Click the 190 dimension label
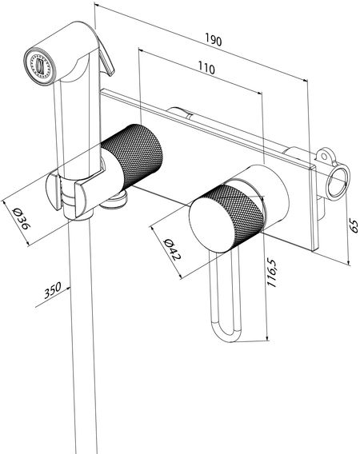(214, 39)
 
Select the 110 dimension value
(206, 68)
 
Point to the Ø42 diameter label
(172, 249)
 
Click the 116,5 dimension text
(271, 273)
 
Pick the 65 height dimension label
(354, 226)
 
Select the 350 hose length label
(53, 290)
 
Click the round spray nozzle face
(39, 66)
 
